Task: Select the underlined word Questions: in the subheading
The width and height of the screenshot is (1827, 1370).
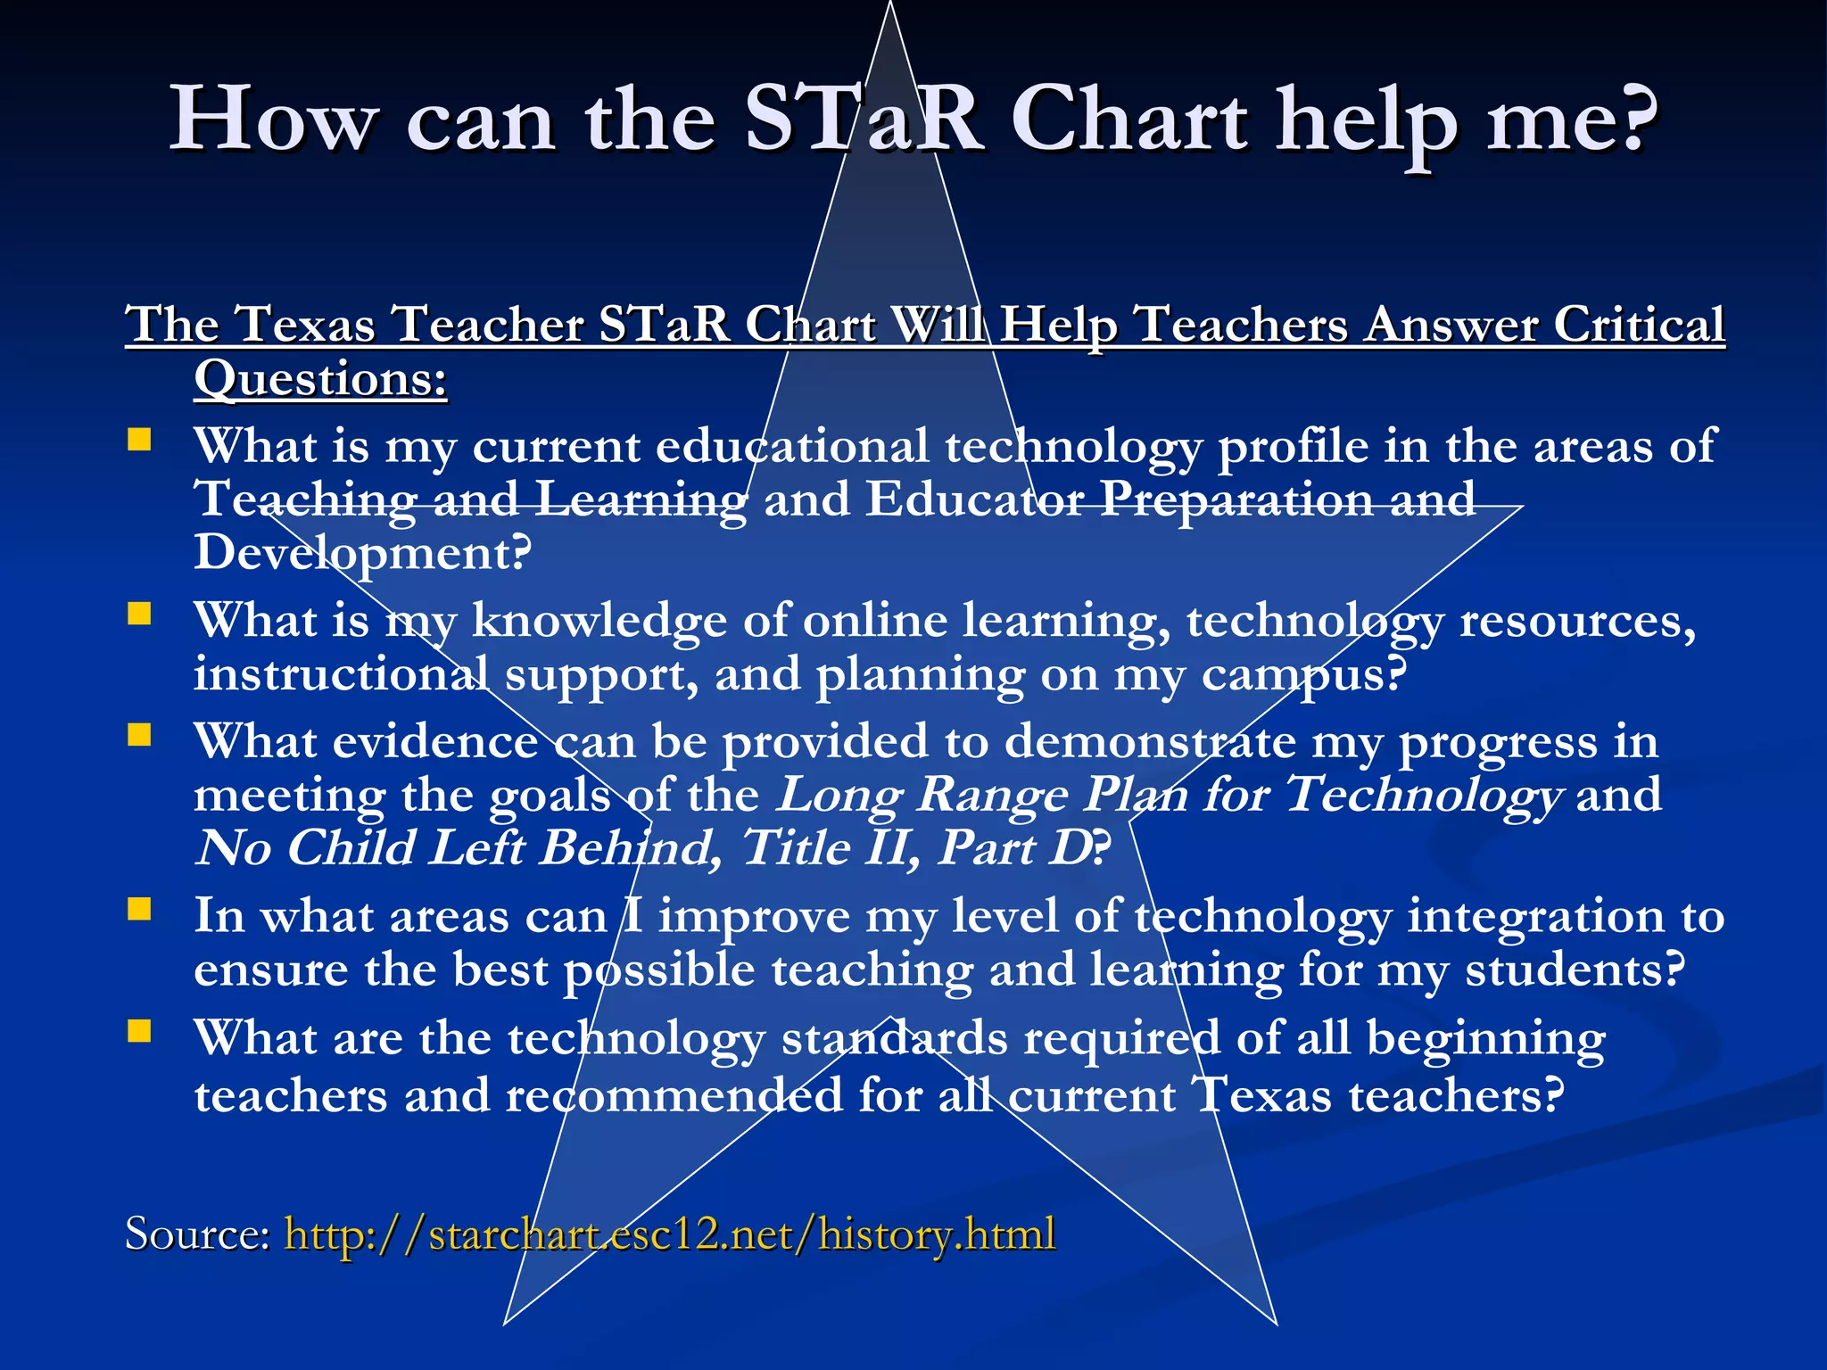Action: click(320, 379)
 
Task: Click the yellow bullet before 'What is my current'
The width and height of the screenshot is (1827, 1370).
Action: click(139, 440)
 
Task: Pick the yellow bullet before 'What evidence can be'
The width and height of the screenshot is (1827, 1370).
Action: click(139, 735)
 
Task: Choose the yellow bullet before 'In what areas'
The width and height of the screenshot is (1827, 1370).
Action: click(139, 909)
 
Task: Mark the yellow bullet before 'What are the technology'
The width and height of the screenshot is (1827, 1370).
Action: click(139, 1031)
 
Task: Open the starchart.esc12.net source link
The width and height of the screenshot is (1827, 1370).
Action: click(669, 1234)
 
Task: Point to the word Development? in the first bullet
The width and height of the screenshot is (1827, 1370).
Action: click(362, 553)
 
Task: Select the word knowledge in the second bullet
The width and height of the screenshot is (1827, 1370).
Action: click(599, 621)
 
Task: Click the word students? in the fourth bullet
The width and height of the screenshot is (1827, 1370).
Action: click(1575, 970)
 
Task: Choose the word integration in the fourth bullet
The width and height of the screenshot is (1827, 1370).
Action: click(1535, 917)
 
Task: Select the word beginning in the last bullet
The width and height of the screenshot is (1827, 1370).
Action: click(1485, 1040)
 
